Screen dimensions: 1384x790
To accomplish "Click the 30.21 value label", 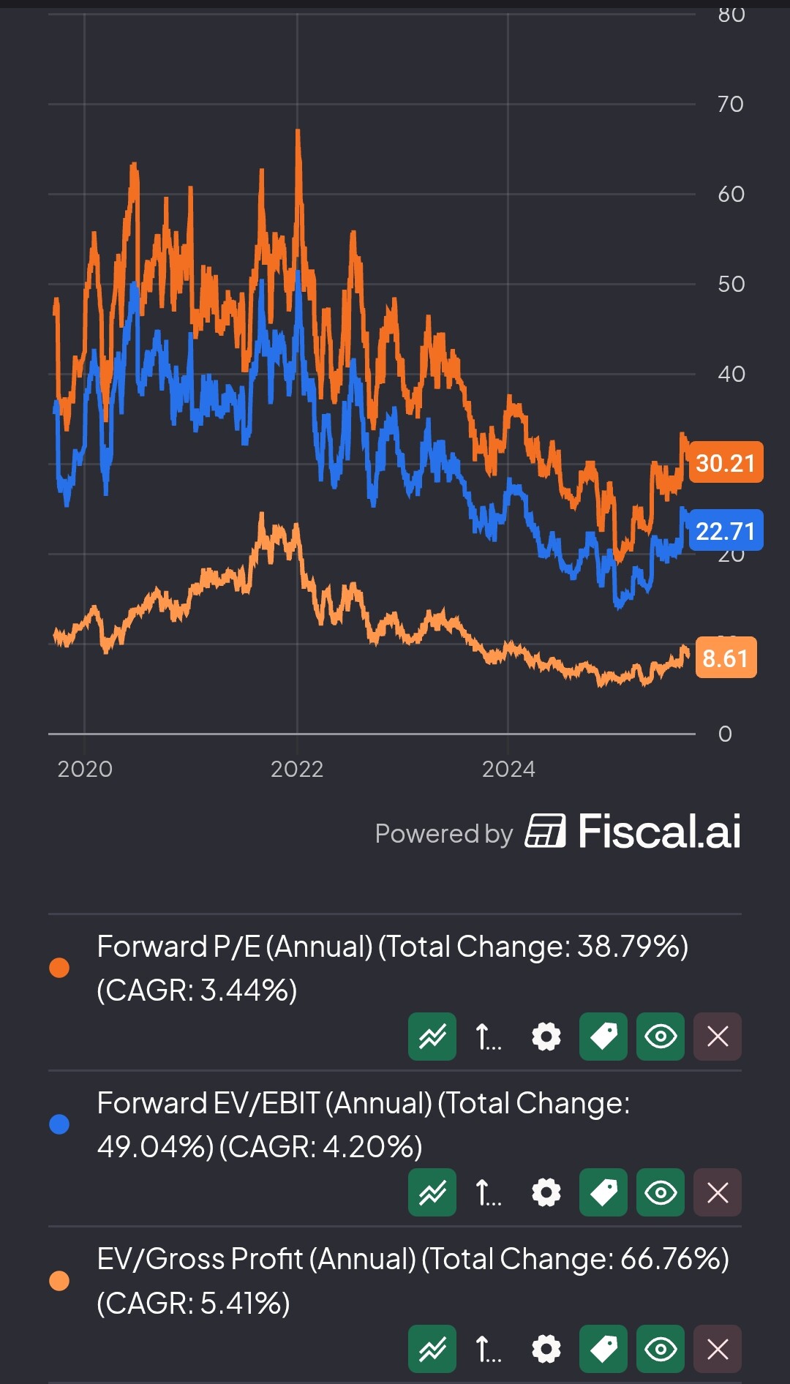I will [726, 463].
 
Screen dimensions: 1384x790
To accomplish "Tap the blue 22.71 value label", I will [726, 530].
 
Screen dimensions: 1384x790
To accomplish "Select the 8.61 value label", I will [726, 658].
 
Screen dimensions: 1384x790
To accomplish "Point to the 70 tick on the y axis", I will [730, 104].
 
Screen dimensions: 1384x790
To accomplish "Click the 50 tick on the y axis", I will [731, 284].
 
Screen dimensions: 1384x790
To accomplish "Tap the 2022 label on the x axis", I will [297, 769].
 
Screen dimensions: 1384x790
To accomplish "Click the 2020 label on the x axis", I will [85, 769].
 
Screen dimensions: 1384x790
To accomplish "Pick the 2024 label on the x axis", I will [508, 769].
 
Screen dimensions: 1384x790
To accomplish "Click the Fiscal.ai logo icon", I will [545, 831].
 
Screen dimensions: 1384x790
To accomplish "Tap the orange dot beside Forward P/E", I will [59, 968].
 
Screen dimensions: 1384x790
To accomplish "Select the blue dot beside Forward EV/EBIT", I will [59, 1124].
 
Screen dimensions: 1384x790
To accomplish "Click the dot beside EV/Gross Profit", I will [59, 1281].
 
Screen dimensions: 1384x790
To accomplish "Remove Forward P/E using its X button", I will [718, 1036].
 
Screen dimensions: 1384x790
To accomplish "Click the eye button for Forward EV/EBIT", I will [661, 1192].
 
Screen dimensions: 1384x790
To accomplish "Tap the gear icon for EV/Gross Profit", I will [546, 1349].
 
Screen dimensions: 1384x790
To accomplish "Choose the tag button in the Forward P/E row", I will [603, 1036].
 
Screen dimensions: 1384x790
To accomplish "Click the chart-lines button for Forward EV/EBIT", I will [432, 1192].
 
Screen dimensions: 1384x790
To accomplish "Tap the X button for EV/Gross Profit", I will [718, 1349].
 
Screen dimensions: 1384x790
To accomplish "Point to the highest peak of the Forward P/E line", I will [298, 132].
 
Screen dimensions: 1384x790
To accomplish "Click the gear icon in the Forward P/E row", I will [546, 1036].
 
